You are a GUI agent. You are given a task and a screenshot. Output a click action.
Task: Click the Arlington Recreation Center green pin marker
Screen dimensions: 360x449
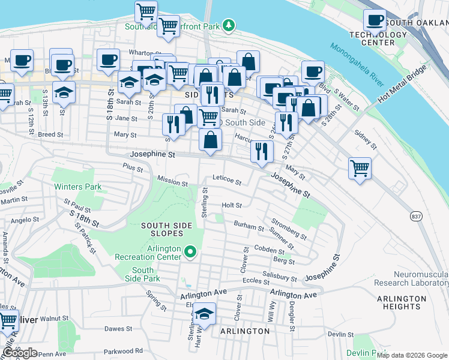point(190,251)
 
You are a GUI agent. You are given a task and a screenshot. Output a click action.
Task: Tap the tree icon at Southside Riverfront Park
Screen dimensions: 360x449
point(228,25)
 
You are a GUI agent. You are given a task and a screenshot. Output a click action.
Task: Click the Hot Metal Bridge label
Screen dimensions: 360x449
point(402,82)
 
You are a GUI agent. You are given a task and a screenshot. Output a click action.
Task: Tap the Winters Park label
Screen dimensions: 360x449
point(77,187)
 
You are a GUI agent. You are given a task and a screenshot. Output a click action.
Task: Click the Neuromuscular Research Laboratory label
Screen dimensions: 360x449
point(412,278)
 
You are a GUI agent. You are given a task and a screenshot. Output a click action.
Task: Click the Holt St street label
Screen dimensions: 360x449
point(232,205)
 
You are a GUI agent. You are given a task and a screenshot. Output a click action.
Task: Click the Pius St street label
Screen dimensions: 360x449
point(131,167)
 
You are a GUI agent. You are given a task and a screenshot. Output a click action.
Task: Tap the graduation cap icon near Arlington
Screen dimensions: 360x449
point(204,314)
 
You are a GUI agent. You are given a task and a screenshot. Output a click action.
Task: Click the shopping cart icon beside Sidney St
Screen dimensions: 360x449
point(360,167)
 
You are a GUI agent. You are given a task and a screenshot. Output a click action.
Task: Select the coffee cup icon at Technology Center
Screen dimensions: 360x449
point(375,20)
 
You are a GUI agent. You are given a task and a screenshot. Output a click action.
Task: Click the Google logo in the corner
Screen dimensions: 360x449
point(20,353)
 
